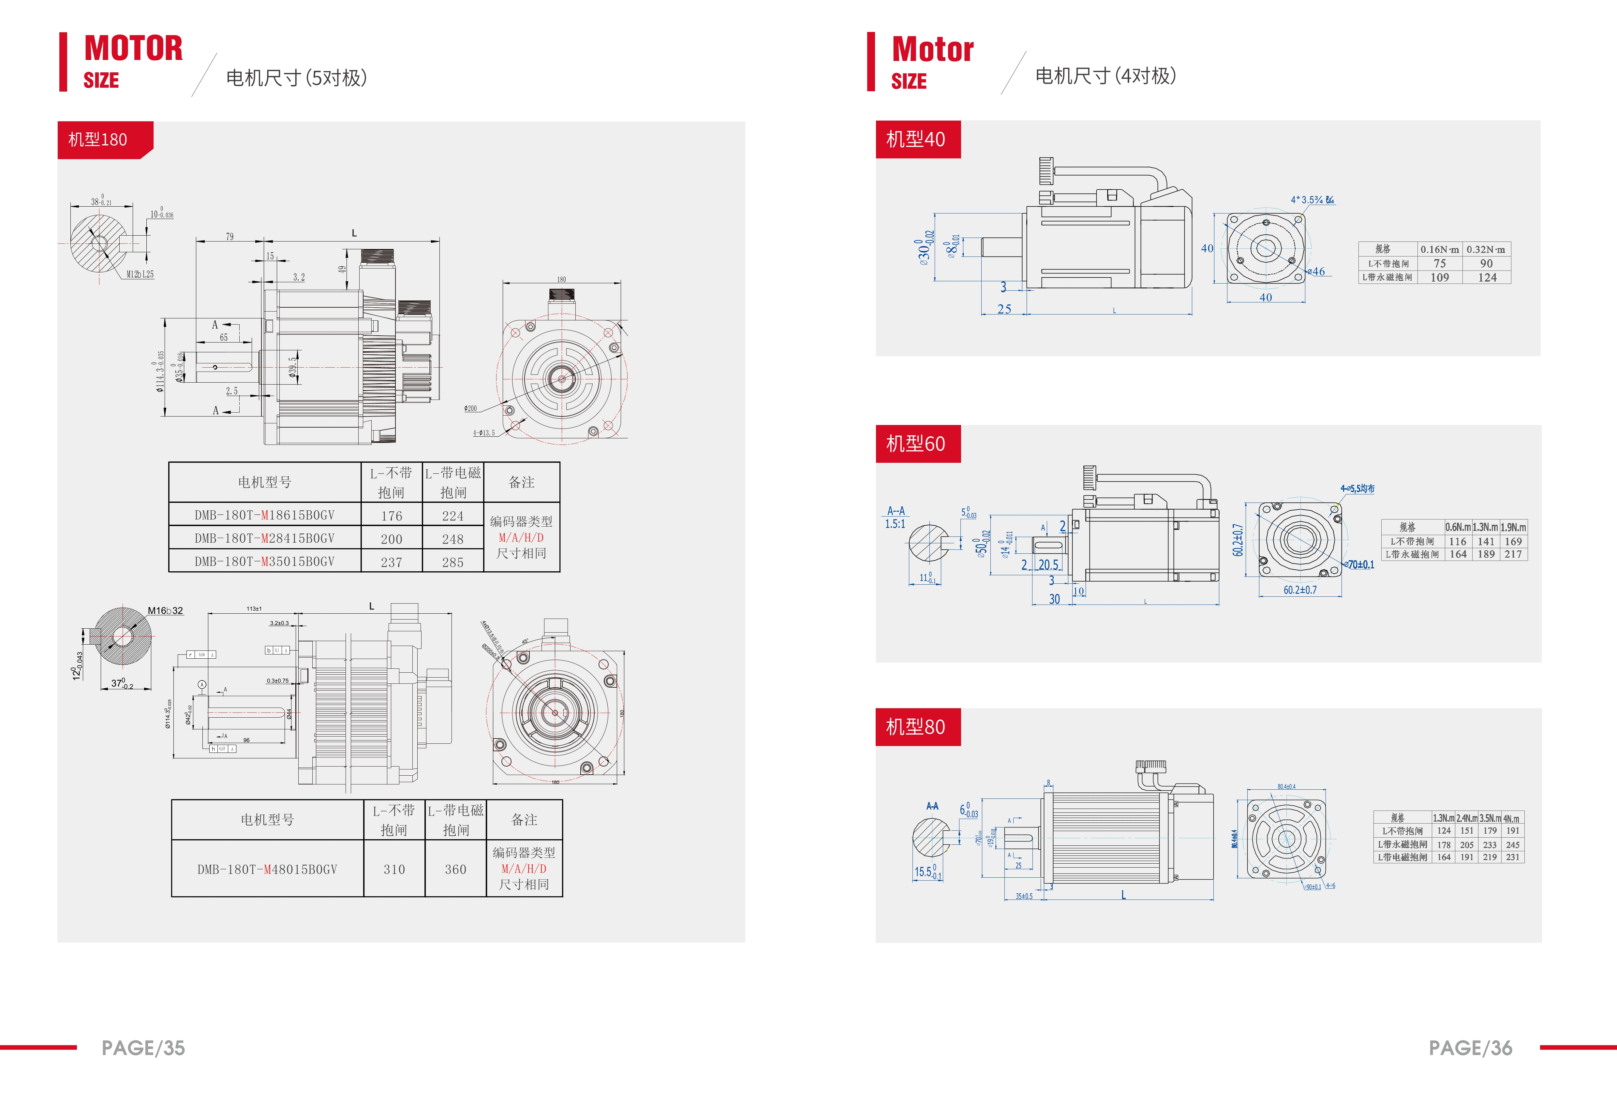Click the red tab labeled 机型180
click(x=98, y=140)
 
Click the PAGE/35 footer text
click(x=143, y=1047)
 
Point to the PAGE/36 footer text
click(x=1470, y=1047)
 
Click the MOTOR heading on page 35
click(x=134, y=49)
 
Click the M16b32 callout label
click(x=165, y=611)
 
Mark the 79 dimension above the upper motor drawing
click(x=230, y=237)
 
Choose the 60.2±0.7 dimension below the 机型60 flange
click(x=1300, y=590)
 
